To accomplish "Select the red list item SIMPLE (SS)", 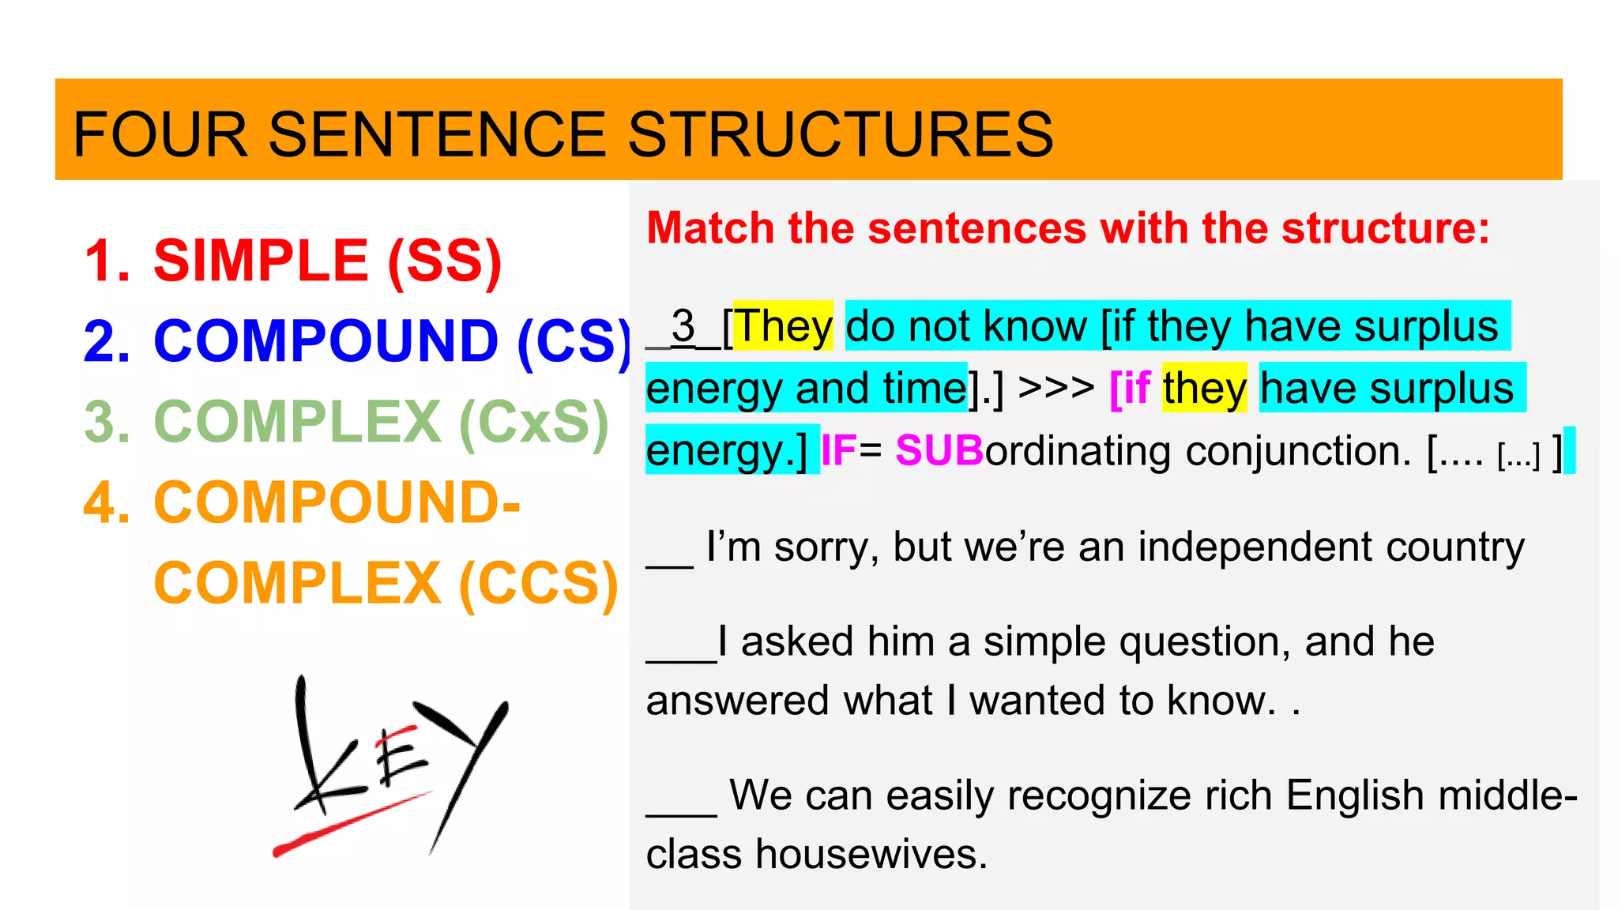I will pos(327,261).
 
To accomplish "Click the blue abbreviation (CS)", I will pos(574,342).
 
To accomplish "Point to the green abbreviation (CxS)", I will pos(534,423).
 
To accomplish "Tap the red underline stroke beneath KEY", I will pos(348,825).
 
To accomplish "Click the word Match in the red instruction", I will pos(710,228).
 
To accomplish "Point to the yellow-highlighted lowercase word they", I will pos(1204,388).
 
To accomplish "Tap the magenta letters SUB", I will pos(939,450).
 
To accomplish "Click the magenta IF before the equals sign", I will pos(838,450).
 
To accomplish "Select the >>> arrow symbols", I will pos(1056,388).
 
